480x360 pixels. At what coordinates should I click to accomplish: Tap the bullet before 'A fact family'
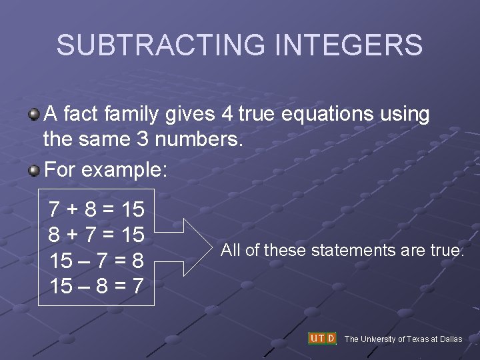click(x=33, y=115)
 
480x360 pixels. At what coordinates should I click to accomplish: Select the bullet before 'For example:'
click(x=33, y=170)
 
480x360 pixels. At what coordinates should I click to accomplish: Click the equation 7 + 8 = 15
click(x=97, y=210)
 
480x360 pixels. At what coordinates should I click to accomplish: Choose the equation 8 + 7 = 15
click(x=97, y=235)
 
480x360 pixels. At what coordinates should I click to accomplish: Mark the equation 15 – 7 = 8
click(x=97, y=261)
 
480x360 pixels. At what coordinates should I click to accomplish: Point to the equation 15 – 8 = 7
click(x=97, y=286)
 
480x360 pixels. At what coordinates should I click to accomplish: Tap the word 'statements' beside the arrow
click(x=346, y=251)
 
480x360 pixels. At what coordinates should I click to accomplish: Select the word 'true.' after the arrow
click(x=446, y=251)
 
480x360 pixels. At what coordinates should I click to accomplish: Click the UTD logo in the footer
click(x=322, y=338)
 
